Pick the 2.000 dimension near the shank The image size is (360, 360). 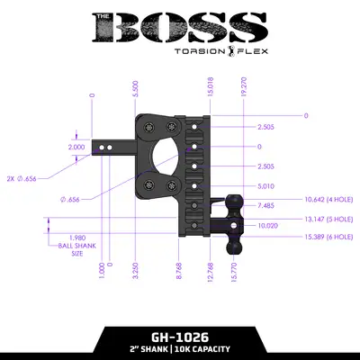coord(77,146)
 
